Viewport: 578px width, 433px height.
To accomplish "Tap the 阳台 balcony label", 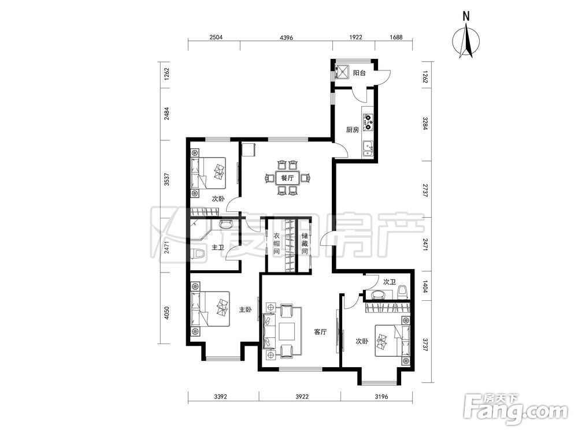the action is [x=360, y=73].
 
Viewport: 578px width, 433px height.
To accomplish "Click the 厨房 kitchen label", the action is [x=353, y=129].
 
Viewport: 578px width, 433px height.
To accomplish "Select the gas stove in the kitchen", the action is [x=368, y=122].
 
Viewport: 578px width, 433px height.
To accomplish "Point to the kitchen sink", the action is [x=368, y=149].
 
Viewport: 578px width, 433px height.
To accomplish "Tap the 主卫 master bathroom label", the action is [x=217, y=248].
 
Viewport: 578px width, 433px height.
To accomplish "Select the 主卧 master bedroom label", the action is [x=246, y=309].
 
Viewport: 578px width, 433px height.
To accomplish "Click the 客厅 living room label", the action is [x=320, y=332].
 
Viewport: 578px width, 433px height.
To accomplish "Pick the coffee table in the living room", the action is [x=287, y=331].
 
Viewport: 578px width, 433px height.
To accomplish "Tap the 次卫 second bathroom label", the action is [x=389, y=282].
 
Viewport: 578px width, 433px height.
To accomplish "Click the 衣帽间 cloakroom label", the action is [x=276, y=244].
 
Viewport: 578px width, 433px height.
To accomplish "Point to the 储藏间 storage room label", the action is [x=305, y=244].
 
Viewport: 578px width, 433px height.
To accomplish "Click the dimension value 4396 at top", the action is [x=287, y=37].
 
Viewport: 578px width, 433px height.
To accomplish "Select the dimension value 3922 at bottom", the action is [x=302, y=397].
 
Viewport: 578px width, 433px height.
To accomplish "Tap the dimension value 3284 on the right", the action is [x=425, y=124].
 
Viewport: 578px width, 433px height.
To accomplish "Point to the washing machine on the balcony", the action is [x=342, y=72].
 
